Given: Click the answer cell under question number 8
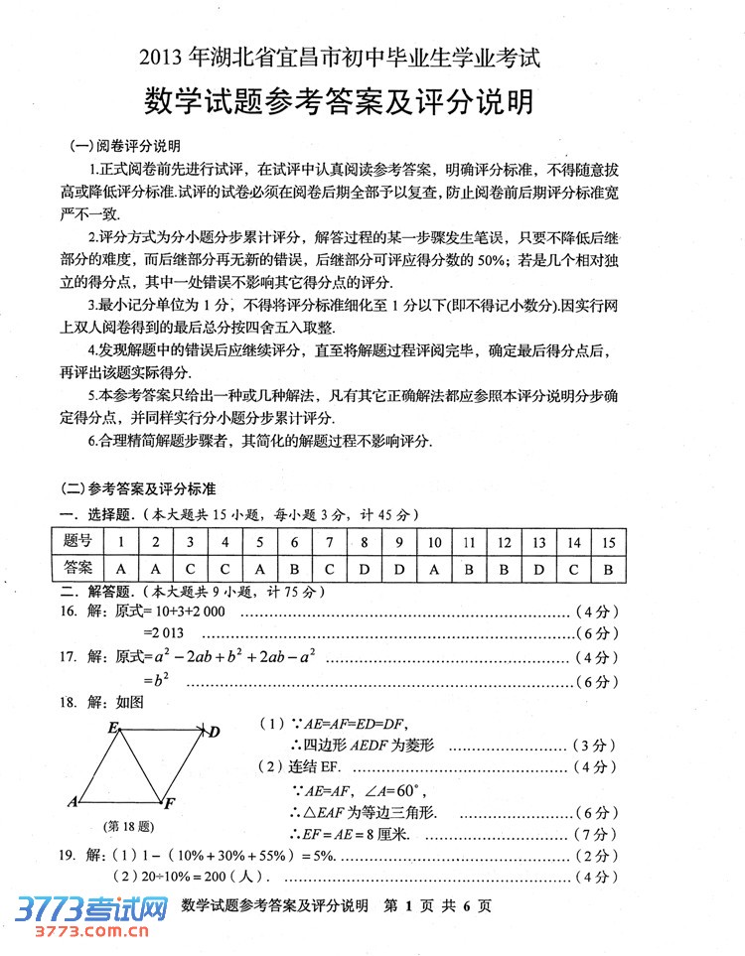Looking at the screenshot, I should coord(365,569).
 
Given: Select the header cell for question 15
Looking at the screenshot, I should coord(609,542).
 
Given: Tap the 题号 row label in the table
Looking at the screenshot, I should coord(77,542).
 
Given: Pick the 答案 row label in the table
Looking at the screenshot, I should coord(77,569).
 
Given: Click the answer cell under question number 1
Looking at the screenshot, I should coord(121,569).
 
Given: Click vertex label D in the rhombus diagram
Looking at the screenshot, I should coord(214,733).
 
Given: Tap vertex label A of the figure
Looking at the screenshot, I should coord(74,801).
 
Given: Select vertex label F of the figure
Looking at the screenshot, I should coord(170,803).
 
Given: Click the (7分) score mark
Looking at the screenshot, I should coord(596,832).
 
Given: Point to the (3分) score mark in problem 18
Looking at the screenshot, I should coord(596,745).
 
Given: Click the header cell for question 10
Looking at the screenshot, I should coord(434,542).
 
